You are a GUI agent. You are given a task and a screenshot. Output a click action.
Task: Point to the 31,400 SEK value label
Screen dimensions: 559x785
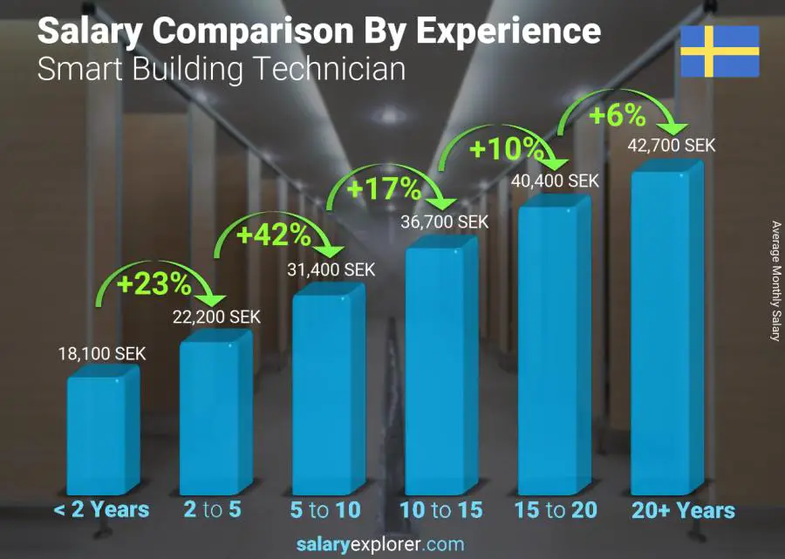tap(331, 270)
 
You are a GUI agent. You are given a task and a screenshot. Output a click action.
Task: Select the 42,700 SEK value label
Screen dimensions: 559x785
tap(672, 146)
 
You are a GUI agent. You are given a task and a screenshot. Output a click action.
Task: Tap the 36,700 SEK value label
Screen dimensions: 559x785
tap(445, 222)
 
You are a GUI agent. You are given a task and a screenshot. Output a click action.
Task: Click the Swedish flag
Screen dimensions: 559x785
tap(720, 51)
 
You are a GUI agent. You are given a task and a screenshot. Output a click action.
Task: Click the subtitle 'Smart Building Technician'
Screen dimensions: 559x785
tap(221, 69)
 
